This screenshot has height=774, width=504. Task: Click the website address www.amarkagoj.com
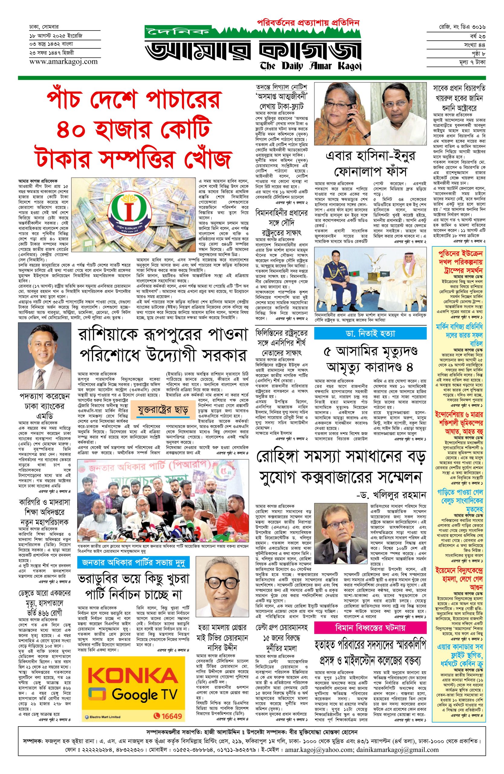coord(63,61)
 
